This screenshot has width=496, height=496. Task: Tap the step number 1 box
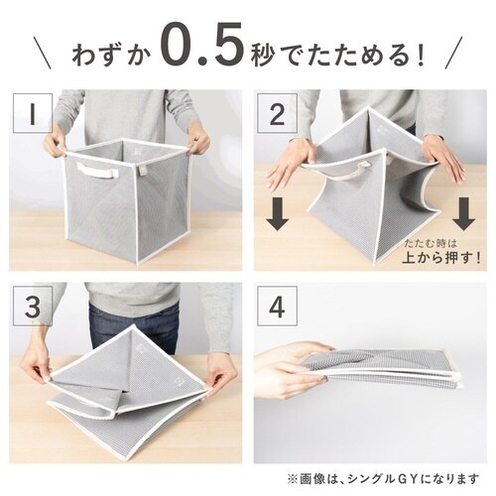[x=34, y=114]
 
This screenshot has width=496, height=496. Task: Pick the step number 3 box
[x=34, y=307]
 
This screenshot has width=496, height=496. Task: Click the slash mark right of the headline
[x=454, y=50]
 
